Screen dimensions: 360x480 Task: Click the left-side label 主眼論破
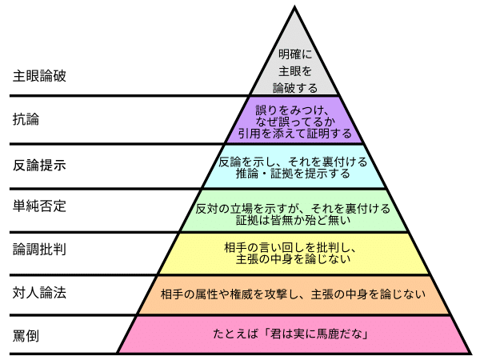tap(40, 77)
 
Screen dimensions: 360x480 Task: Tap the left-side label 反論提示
tap(40, 165)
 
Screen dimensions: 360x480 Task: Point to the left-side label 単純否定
tap(40, 206)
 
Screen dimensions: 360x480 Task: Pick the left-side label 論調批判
tap(40, 250)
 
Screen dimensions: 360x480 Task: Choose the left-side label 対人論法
tap(40, 293)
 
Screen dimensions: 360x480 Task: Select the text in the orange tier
tap(294, 293)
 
